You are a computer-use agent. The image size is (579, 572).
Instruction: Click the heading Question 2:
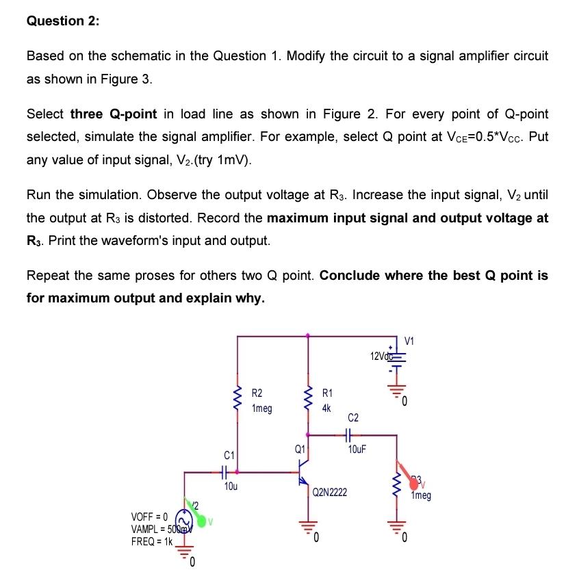(x=62, y=21)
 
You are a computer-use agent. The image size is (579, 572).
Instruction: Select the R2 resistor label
(x=257, y=394)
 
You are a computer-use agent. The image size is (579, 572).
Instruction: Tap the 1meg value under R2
(x=262, y=408)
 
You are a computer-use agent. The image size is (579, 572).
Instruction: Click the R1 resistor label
(x=327, y=394)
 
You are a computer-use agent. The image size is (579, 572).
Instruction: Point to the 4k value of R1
(x=326, y=408)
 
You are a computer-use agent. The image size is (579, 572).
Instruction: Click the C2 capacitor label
(x=353, y=417)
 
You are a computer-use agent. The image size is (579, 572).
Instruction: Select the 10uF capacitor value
(x=357, y=450)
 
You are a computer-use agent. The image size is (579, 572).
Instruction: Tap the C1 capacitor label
(x=229, y=454)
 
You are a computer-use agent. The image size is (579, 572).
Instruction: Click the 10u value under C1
(x=231, y=486)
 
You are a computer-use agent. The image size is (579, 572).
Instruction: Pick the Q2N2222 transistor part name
(x=330, y=492)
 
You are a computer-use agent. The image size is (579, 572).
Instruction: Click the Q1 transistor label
(x=299, y=450)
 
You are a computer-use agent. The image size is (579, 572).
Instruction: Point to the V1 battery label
(x=409, y=341)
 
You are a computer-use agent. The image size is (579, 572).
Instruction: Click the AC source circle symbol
(x=183, y=519)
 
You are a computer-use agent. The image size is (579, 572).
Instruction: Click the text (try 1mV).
(x=218, y=161)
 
